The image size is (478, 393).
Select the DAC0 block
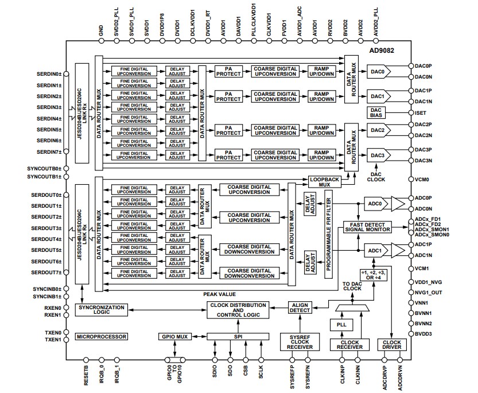pyautogui.click(x=377, y=72)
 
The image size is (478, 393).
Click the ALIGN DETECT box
pyautogui.click(x=300, y=307)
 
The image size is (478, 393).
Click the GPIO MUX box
pyautogui.click(x=174, y=336)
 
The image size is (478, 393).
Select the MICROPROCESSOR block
pyautogui.click(x=101, y=336)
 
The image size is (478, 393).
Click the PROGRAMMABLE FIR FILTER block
pyautogui.click(x=329, y=236)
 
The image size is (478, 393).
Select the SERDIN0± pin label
pyautogui.click(x=48, y=75)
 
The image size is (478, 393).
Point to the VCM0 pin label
pyautogui.click(x=422, y=179)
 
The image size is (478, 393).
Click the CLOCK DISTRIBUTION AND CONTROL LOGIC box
pyautogui.click(x=238, y=310)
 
